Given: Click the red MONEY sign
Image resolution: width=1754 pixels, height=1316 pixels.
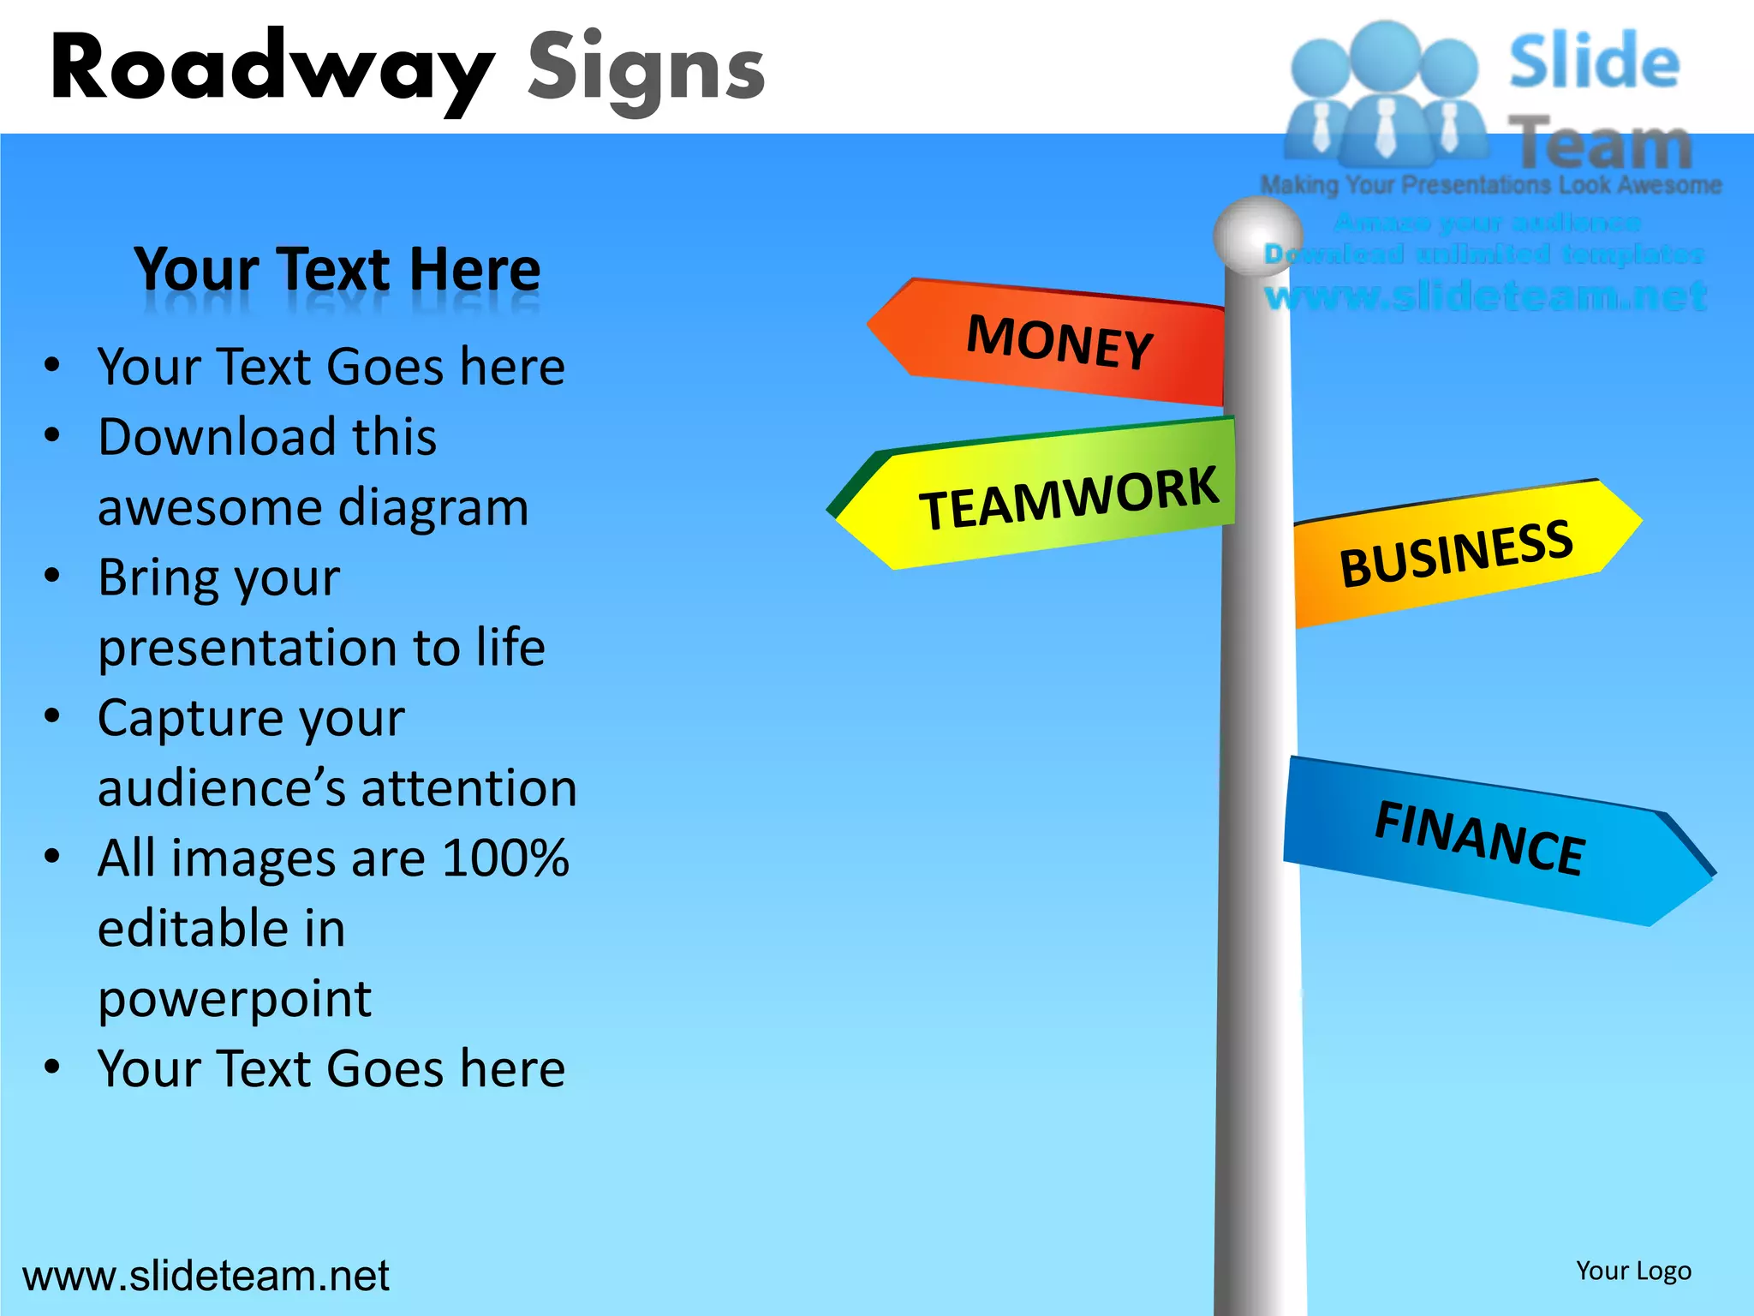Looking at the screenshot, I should click(1058, 342).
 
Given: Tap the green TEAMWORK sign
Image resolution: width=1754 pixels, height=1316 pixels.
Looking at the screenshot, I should click(1066, 497).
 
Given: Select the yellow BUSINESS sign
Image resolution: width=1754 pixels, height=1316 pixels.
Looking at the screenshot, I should click(1456, 554).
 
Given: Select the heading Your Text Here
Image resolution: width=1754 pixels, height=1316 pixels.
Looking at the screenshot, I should click(337, 269).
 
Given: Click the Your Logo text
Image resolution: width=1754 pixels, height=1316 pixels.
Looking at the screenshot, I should click(1633, 1271).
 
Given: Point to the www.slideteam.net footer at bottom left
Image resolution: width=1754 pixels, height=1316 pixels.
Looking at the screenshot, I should click(206, 1276).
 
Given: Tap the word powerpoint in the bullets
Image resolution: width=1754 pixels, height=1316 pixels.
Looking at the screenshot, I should click(235, 999).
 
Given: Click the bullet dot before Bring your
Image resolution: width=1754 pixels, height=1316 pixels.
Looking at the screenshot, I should click(52, 576).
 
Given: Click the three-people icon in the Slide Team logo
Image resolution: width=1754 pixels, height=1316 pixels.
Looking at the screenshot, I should click(1386, 94).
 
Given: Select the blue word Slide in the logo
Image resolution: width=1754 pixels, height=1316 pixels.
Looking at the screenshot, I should click(1594, 62).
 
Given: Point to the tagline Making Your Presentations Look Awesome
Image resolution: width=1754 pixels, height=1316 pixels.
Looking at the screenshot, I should click(1490, 185).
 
